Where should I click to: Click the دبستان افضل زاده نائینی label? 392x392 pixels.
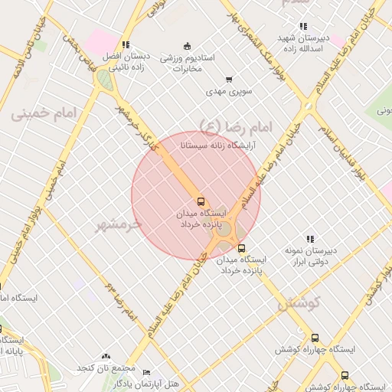coord(123,62)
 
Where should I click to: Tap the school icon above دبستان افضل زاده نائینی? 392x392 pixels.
coord(126,45)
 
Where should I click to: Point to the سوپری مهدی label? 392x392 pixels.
coord(229,92)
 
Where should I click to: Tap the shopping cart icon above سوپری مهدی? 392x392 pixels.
coord(228,80)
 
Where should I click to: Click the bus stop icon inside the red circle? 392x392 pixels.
coord(201,201)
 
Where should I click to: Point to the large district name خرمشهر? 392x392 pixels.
coord(119,224)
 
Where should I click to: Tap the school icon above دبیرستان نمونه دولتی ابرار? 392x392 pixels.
coord(310,239)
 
